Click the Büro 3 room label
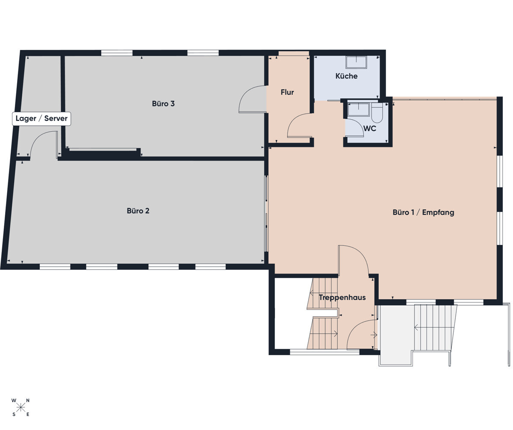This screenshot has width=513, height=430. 163,103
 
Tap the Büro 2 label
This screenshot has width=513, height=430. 138,211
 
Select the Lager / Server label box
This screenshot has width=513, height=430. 41,118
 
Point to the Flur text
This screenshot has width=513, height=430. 287,92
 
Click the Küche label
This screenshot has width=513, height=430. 346,76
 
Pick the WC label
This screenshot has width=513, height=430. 369,128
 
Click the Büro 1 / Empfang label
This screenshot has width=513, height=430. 423,212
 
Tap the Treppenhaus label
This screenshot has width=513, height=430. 342,297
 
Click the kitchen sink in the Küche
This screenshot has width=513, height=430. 356,62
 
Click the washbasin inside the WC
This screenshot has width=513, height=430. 358,110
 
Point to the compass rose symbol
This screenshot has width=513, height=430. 21,407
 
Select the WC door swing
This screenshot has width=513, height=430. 354,128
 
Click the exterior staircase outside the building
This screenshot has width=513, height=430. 434,327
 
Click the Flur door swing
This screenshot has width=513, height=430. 299,126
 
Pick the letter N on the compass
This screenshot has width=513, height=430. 28,401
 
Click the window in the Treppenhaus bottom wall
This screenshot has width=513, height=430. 324,352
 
